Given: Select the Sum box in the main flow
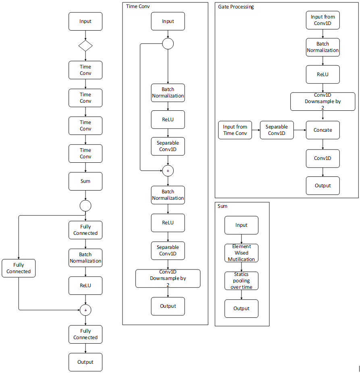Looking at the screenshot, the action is [x=85, y=181].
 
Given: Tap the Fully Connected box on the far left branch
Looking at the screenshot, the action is [x=19, y=268].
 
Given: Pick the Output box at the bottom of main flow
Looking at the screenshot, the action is [x=85, y=362].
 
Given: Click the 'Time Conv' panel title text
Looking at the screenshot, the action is [x=138, y=6].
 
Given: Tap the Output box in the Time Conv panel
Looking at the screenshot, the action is [x=168, y=306].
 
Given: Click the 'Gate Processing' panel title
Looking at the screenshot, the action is [x=236, y=7].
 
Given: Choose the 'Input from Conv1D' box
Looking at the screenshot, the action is [x=323, y=20].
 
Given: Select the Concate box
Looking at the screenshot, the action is [x=323, y=130].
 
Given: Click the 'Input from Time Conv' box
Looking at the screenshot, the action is [x=235, y=130].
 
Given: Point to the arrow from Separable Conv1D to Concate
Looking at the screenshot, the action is [x=300, y=130].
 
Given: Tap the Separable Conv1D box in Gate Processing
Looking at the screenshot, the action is [x=277, y=130].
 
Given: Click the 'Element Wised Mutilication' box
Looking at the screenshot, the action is [x=241, y=253].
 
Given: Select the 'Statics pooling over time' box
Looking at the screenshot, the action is [x=241, y=281].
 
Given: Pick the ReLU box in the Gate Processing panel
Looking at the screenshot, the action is [x=323, y=75].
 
